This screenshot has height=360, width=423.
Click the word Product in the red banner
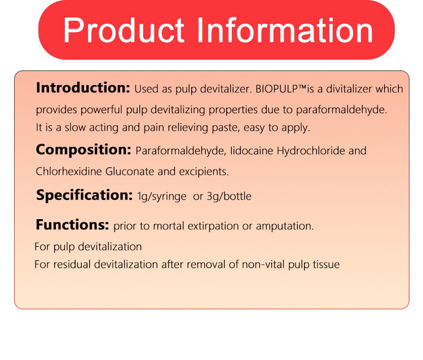click(x=124, y=30)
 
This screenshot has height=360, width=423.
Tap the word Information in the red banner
click(x=285, y=30)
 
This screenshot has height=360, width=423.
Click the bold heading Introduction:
click(x=83, y=88)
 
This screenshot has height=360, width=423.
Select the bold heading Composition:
click(x=83, y=150)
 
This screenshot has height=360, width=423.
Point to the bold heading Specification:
click(x=85, y=195)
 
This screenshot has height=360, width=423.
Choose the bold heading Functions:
click(x=72, y=224)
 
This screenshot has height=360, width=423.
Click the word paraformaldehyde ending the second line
click(x=342, y=110)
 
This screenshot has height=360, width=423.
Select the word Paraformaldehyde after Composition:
click(x=180, y=151)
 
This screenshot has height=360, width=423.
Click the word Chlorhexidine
click(x=69, y=171)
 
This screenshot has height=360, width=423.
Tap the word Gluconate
click(x=130, y=171)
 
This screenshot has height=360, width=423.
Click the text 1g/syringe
click(x=162, y=197)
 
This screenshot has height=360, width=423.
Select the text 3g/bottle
click(x=229, y=197)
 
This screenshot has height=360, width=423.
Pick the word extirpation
click(x=213, y=226)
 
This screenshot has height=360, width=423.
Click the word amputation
click(x=285, y=226)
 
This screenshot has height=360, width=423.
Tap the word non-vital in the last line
click(x=263, y=264)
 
